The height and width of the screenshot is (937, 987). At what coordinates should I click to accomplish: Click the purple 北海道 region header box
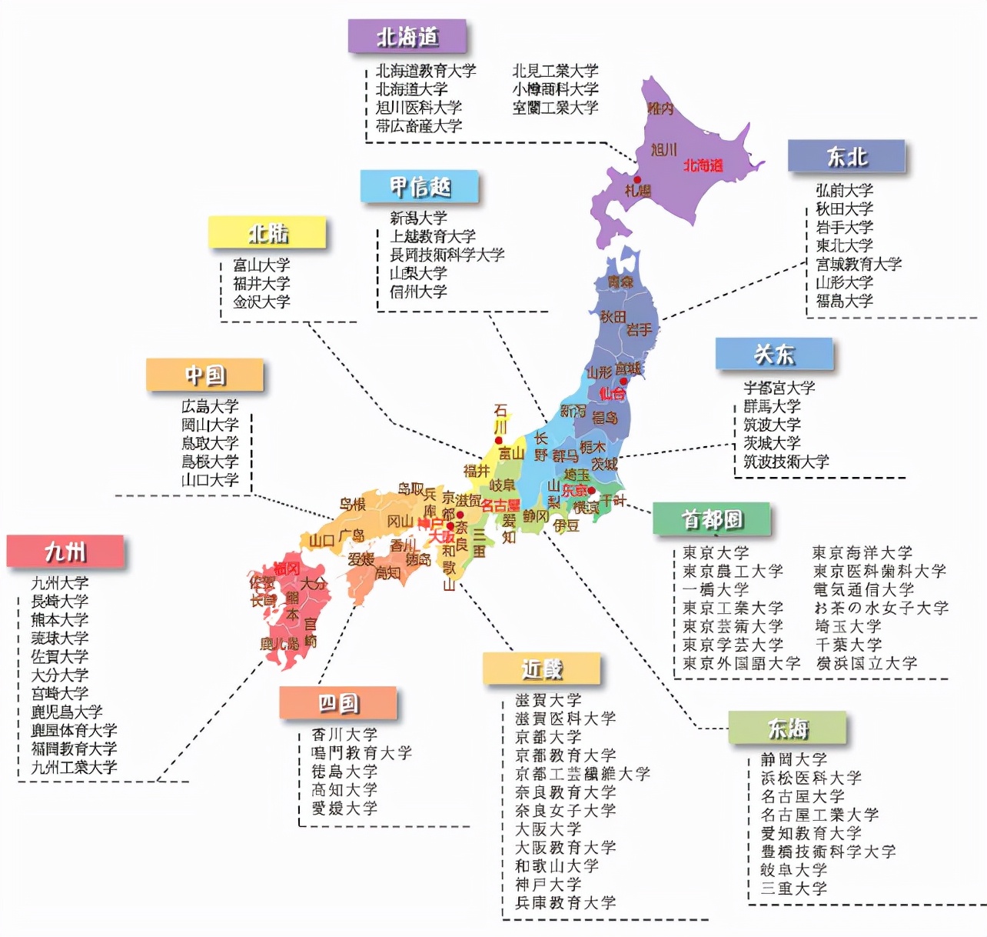(407, 36)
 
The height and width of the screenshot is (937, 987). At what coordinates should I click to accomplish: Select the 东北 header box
(846, 157)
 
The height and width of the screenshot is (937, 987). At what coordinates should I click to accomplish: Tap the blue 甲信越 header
(419, 187)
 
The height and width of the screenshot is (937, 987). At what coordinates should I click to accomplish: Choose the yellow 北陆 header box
(267, 233)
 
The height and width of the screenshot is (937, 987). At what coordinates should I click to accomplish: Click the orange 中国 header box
(204, 375)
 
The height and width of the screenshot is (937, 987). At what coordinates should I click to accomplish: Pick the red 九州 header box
(65, 552)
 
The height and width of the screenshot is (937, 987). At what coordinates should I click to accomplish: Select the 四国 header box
(338, 703)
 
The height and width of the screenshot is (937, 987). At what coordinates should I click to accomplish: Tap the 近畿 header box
(541, 669)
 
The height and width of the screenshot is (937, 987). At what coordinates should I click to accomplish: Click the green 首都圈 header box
(711, 519)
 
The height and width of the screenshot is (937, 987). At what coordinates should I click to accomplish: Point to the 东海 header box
(787, 728)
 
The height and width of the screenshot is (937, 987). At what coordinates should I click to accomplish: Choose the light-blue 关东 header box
(773, 355)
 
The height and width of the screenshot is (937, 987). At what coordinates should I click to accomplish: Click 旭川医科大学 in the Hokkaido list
(419, 108)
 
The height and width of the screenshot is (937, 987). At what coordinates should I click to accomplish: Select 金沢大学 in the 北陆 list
(261, 302)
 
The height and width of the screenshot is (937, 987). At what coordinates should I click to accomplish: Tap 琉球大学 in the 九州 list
(60, 639)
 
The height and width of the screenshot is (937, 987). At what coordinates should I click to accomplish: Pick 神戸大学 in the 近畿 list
(548, 885)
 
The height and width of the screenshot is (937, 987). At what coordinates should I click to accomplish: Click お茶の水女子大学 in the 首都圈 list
(881, 608)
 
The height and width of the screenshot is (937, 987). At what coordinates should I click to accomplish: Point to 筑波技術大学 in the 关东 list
(786, 462)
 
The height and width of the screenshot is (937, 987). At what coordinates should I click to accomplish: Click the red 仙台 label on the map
(612, 394)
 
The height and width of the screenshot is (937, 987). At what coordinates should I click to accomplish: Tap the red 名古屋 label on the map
(500, 505)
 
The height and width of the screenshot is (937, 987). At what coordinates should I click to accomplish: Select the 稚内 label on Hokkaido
(660, 108)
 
